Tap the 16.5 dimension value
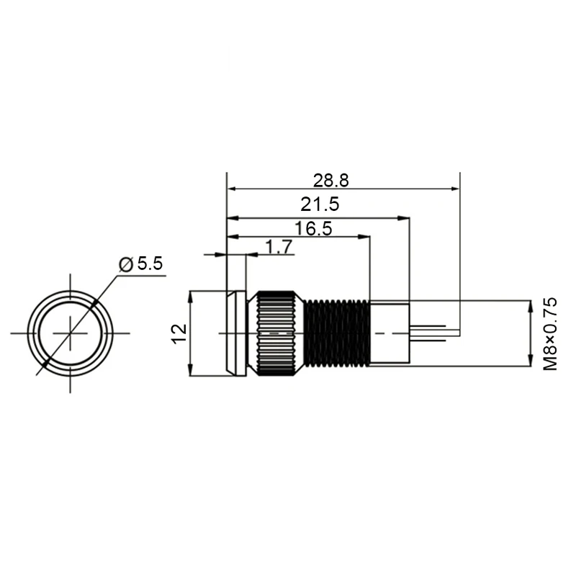[313, 229]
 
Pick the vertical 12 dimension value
[179, 333]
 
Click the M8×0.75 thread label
[551, 333]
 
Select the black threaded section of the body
[337, 333]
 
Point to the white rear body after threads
[390, 333]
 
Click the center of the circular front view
[70, 333]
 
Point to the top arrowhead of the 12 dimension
[190, 296]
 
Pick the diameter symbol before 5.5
[125, 265]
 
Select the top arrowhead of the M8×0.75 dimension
[531, 305]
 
